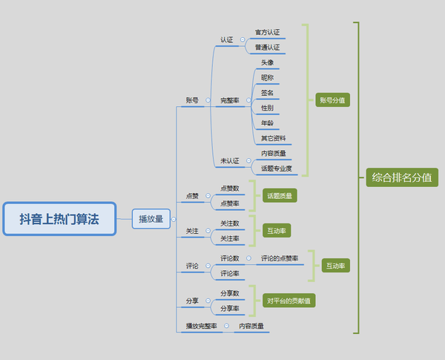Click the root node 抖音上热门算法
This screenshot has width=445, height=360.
(x=59, y=218)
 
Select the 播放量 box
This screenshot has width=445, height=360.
(x=152, y=218)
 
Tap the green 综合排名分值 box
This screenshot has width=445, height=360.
(x=402, y=177)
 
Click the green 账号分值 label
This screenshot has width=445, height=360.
(x=332, y=99)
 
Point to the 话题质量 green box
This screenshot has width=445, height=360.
(x=280, y=196)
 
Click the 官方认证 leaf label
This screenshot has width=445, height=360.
(x=267, y=33)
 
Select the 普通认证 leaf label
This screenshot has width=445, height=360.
(x=267, y=48)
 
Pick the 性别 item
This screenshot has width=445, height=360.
(x=267, y=108)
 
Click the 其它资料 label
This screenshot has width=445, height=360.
(x=273, y=138)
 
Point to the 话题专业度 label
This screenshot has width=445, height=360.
(x=276, y=168)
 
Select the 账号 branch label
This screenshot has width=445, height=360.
(x=192, y=99)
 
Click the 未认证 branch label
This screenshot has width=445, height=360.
(x=229, y=160)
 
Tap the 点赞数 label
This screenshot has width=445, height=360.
(x=230, y=189)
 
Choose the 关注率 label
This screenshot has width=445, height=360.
(x=230, y=238)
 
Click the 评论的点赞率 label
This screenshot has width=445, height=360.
(x=279, y=258)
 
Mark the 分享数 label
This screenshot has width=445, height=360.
(x=230, y=293)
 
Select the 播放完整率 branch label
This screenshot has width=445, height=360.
(x=202, y=326)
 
